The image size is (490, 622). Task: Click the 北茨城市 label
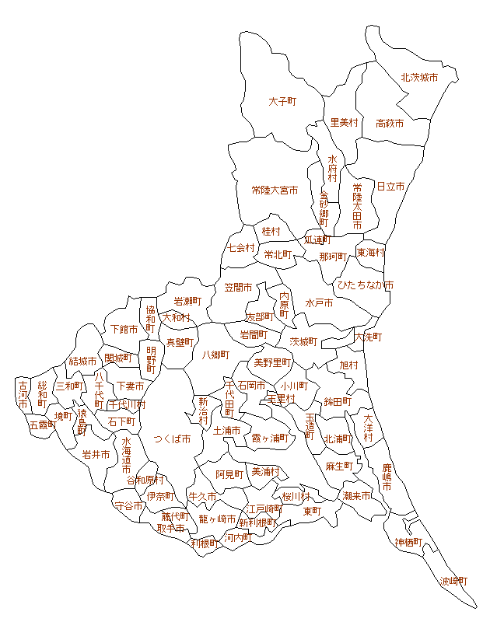point(419,78)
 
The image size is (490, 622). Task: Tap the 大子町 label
point(284,102)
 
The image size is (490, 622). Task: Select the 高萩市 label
point(390,124)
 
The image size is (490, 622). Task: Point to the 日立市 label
point(391,187)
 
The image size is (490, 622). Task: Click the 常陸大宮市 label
point(274,190)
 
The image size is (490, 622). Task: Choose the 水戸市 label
point(319,302)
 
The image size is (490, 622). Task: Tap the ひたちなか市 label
point(365,285)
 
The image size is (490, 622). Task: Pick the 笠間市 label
point(239,288)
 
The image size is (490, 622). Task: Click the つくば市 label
point(172,439)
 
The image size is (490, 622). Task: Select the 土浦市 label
point(227,430)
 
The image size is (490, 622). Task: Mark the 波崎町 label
point(454,581)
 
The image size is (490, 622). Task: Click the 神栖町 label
point(408,542)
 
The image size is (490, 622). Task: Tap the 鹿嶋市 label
point(387,477)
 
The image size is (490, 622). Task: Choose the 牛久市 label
point(201,496)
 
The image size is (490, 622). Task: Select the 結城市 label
point(82,361)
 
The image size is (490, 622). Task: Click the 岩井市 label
point(96,455)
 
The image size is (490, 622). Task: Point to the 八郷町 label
point(215,355)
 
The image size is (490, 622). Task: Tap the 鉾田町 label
point(338,401)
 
